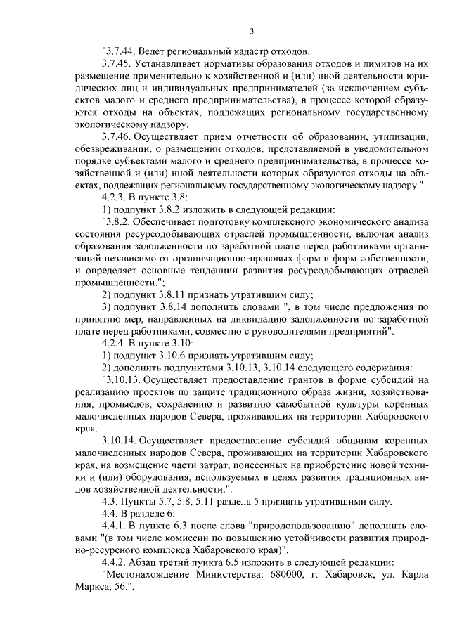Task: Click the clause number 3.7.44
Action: pyautogui.click(x=120, y=52)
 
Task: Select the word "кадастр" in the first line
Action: pyautogui.click(x=247, y=52)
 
